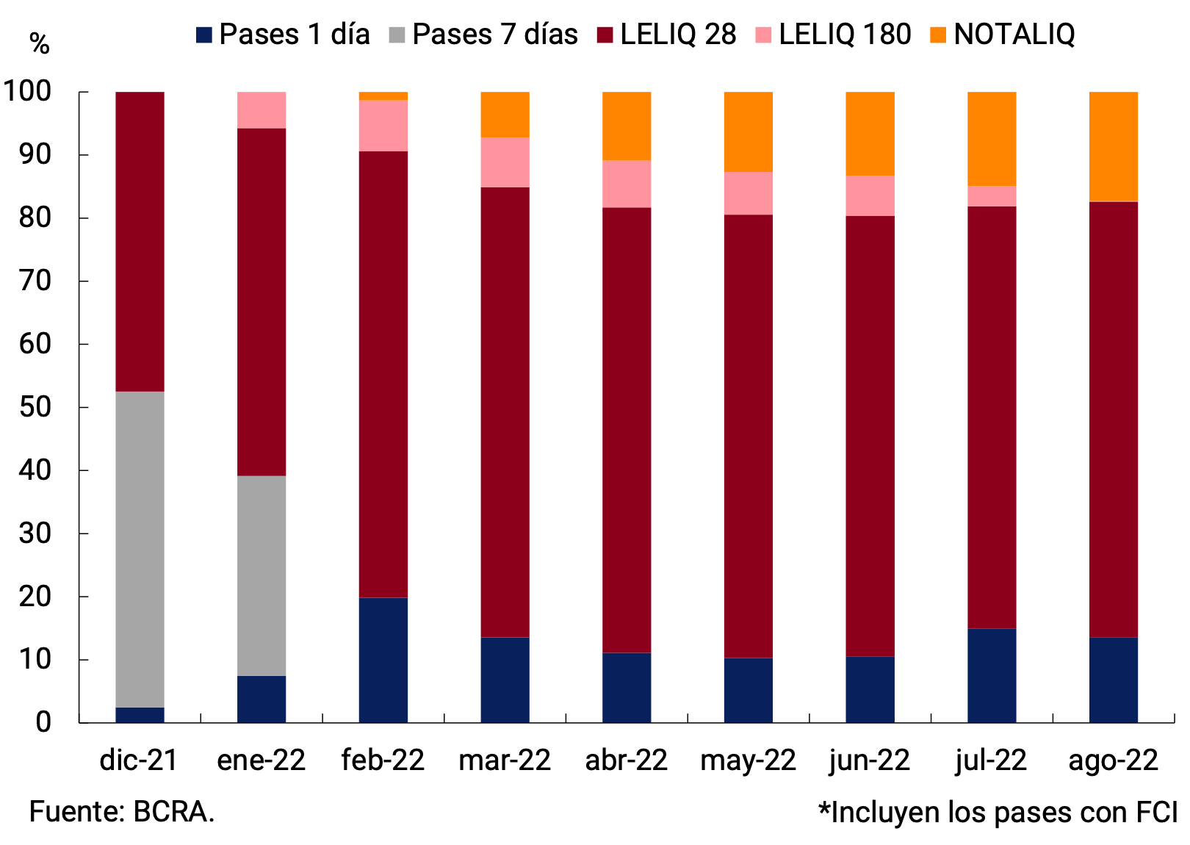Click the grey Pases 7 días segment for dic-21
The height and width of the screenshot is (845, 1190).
coord(140,549)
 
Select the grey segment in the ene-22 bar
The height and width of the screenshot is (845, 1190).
coord(262,575)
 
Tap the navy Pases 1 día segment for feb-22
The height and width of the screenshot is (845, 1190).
coord(383,660)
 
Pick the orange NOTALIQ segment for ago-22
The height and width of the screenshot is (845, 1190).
coord(1113,146)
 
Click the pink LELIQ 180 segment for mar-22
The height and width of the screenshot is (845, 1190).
coord(505,162)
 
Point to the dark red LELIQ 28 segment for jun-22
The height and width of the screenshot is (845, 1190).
coord(870,436)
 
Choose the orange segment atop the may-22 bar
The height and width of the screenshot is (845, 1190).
coord(748,132)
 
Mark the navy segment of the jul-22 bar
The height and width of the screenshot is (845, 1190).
coord(992,675)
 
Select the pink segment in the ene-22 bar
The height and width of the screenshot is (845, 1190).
coord(262,110)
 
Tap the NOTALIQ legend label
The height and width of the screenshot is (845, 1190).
coord(1014,35)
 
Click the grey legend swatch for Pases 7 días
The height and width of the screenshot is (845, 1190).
coord(397,35)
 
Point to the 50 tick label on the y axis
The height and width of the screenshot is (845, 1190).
coord(35,407)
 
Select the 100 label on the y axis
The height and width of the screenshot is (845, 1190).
coord(28,92)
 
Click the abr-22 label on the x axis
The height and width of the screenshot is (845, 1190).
coord(626,760)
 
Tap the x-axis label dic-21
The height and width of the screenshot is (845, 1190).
coord(139,760)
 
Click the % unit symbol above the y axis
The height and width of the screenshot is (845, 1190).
coord(39,44)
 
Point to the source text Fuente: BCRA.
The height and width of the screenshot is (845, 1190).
coord(122,812)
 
